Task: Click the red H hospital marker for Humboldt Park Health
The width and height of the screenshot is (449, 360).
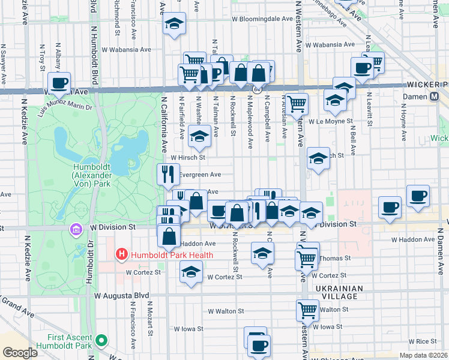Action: (x=122, y=254)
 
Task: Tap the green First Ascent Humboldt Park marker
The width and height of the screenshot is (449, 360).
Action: (x=101, y=341)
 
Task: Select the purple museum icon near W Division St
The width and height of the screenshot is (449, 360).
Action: (x=76, y=229)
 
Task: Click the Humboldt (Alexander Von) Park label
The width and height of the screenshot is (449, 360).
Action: (x=91, y=175)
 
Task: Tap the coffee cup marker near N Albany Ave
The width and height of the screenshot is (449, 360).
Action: (x=59, y=83)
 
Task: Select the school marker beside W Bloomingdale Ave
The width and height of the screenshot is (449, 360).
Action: (x=174, y=24)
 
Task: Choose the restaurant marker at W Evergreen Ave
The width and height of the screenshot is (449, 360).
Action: (x=168, y=174)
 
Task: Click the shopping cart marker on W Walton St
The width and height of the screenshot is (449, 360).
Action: (x=307, y=310)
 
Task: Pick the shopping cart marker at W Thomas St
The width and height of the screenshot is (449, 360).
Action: (x=307, y=259)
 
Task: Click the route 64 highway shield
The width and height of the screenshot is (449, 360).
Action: (x=257, y=89)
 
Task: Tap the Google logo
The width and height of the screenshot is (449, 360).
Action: (x=20, y=353)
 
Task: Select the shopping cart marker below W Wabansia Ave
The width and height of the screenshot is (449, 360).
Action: (x=194, y=61)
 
